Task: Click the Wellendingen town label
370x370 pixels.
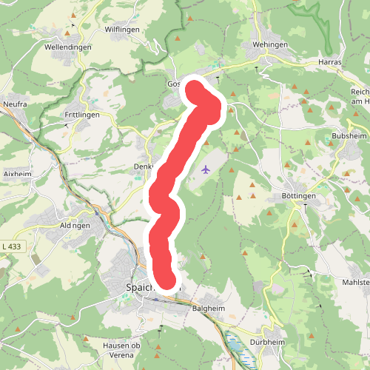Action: (67, 47)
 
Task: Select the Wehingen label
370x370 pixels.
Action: (269, 44)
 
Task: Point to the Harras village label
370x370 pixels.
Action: (329, 62)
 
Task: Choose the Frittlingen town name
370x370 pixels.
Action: (82, 116)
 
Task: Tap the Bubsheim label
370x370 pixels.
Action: (350, 137)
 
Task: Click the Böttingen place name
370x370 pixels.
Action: (298, 195)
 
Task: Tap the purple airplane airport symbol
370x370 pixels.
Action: (206, 170)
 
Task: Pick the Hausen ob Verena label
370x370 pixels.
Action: (121, 349)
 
